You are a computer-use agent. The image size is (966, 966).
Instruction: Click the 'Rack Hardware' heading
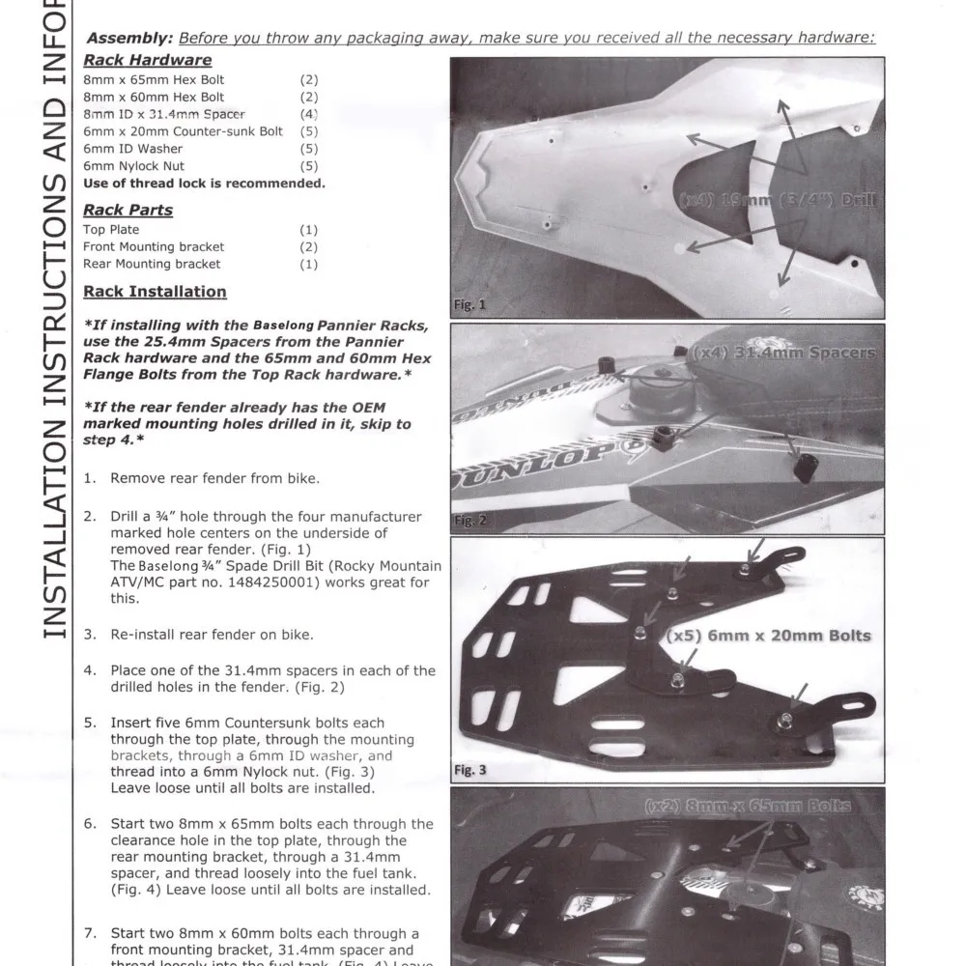[x=147, y=60]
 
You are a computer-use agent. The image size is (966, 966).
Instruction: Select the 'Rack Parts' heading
[x=128, y=210]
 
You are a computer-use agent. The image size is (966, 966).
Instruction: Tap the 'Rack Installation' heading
[x=155, y=292]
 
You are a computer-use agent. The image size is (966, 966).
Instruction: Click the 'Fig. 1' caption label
[x=469, y=305]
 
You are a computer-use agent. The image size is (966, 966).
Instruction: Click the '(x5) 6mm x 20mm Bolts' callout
[x=768, y=636]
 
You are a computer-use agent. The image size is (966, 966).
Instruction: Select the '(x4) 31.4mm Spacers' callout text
[x=784, y=353]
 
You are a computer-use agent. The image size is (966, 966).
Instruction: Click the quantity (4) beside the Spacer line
[x=308, y=114]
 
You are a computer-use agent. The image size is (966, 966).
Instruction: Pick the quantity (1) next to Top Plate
[x=308, y=230]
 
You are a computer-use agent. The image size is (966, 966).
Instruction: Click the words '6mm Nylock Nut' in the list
[x=133, y=166]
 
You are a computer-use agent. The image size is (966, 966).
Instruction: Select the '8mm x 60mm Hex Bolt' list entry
[x=154, y=97]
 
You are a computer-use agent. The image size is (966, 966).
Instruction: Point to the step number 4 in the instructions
[x=89, y=670]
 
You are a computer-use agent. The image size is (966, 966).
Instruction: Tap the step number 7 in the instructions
[x=89, y=934]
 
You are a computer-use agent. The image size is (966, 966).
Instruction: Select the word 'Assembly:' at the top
[x=129, y=39]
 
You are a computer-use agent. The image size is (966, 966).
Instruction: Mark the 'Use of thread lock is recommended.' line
[x=204, y=184]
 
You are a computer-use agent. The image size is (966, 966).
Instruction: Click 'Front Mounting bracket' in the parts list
[x=154, y=247]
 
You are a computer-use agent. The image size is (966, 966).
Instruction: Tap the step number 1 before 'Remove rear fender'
[x=89, y=478]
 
